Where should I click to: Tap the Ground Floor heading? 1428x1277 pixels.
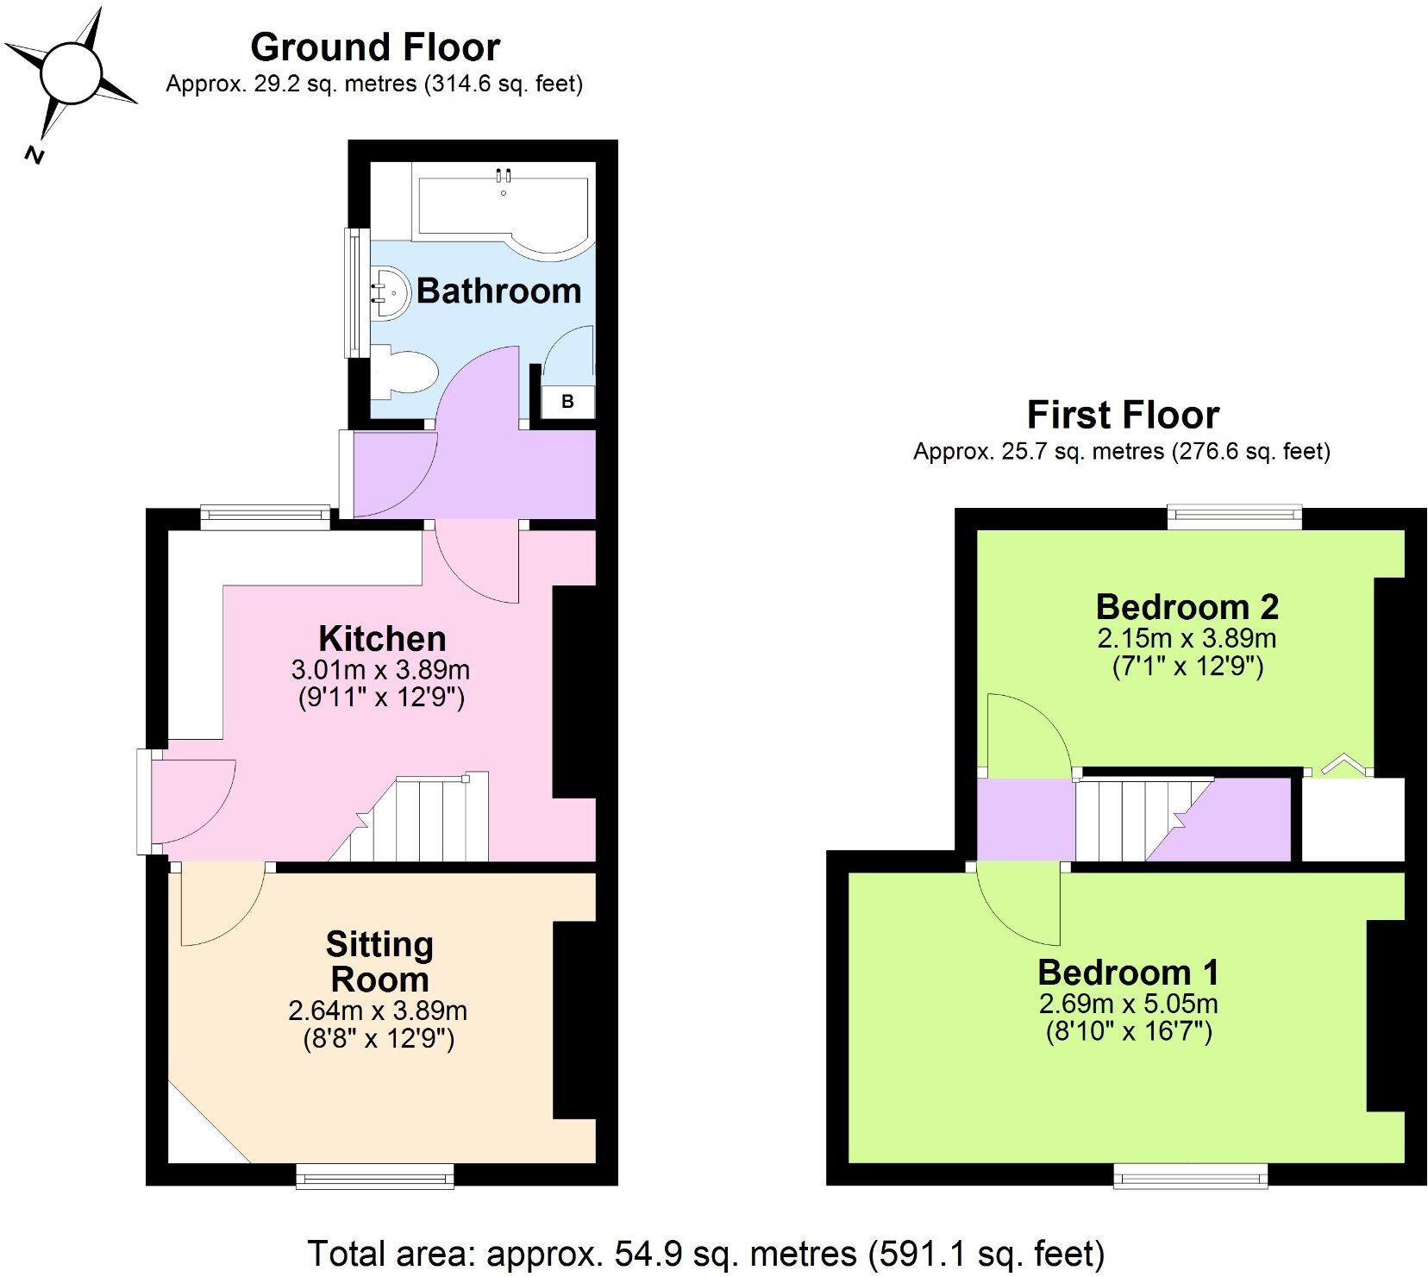coord(375,47)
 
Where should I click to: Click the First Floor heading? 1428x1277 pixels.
coord(1123,415)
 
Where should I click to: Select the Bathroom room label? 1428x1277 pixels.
coord(498,291)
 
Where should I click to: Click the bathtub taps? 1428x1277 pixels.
coord(504,177)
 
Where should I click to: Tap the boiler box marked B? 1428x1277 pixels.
coord(567,402)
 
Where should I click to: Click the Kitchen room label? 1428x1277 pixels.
coord(382,639)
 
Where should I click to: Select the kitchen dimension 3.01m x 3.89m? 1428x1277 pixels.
coord(381,669)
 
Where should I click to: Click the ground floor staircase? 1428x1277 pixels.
coord(423,819)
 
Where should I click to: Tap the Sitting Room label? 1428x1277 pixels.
coord(379,961)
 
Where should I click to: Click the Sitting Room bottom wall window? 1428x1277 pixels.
coord(374,1176)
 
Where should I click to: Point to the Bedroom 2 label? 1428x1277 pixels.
coord(1187,607)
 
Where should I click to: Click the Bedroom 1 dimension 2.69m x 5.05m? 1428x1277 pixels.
coord(1128,1004)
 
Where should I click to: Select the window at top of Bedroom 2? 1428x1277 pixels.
coord(1234,517)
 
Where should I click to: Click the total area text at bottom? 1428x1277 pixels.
coord(705,1253)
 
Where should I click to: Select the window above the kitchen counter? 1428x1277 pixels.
coord(266,517)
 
